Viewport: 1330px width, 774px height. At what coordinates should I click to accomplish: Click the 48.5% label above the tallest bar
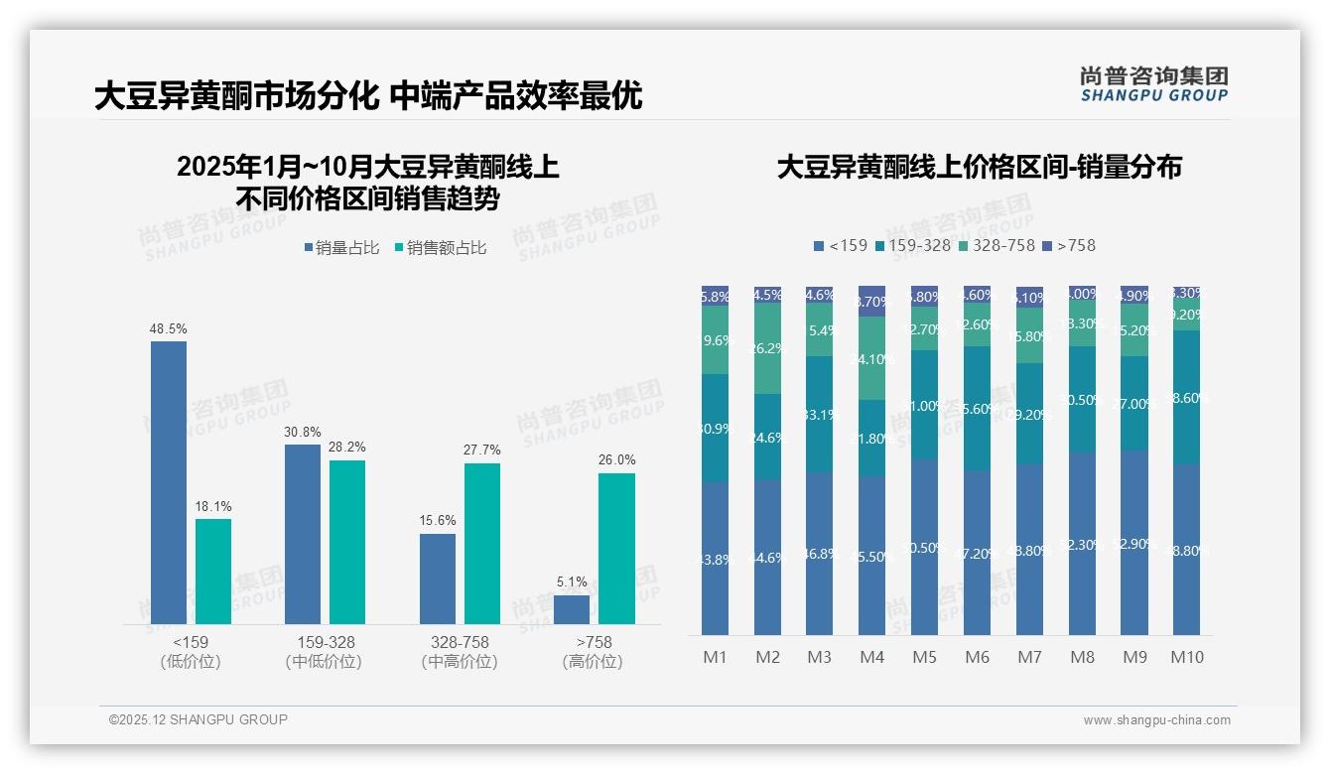(168, 328)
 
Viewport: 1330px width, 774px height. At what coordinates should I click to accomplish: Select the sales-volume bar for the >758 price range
(572, 609)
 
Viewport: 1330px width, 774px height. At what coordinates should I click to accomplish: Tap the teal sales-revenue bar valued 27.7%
(482, 544)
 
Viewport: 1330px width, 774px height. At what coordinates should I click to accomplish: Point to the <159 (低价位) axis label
(190, 652)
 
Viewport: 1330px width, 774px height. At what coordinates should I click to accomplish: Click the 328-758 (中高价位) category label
(459, 652)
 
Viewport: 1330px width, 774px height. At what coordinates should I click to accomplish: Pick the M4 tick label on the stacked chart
(870, 657)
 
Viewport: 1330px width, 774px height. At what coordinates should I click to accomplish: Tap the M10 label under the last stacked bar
(1186, 657)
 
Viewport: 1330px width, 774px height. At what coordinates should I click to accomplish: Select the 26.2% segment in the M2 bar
(767, 348)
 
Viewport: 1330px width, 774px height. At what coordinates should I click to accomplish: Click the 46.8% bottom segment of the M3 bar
(819, 554)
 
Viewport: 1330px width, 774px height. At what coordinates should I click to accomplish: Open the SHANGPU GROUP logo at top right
(1153, 84)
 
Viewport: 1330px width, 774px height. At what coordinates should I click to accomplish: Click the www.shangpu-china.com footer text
(1156, 720)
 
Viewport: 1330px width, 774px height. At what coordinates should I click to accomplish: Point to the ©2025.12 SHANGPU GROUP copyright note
(199, 719)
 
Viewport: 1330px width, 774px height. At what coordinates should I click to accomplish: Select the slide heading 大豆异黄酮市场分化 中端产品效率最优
(368, 96)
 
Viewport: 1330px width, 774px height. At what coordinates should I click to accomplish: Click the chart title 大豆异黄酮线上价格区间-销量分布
(979, 167)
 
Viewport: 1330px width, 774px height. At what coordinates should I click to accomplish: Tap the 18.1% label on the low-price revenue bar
(212, 507)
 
